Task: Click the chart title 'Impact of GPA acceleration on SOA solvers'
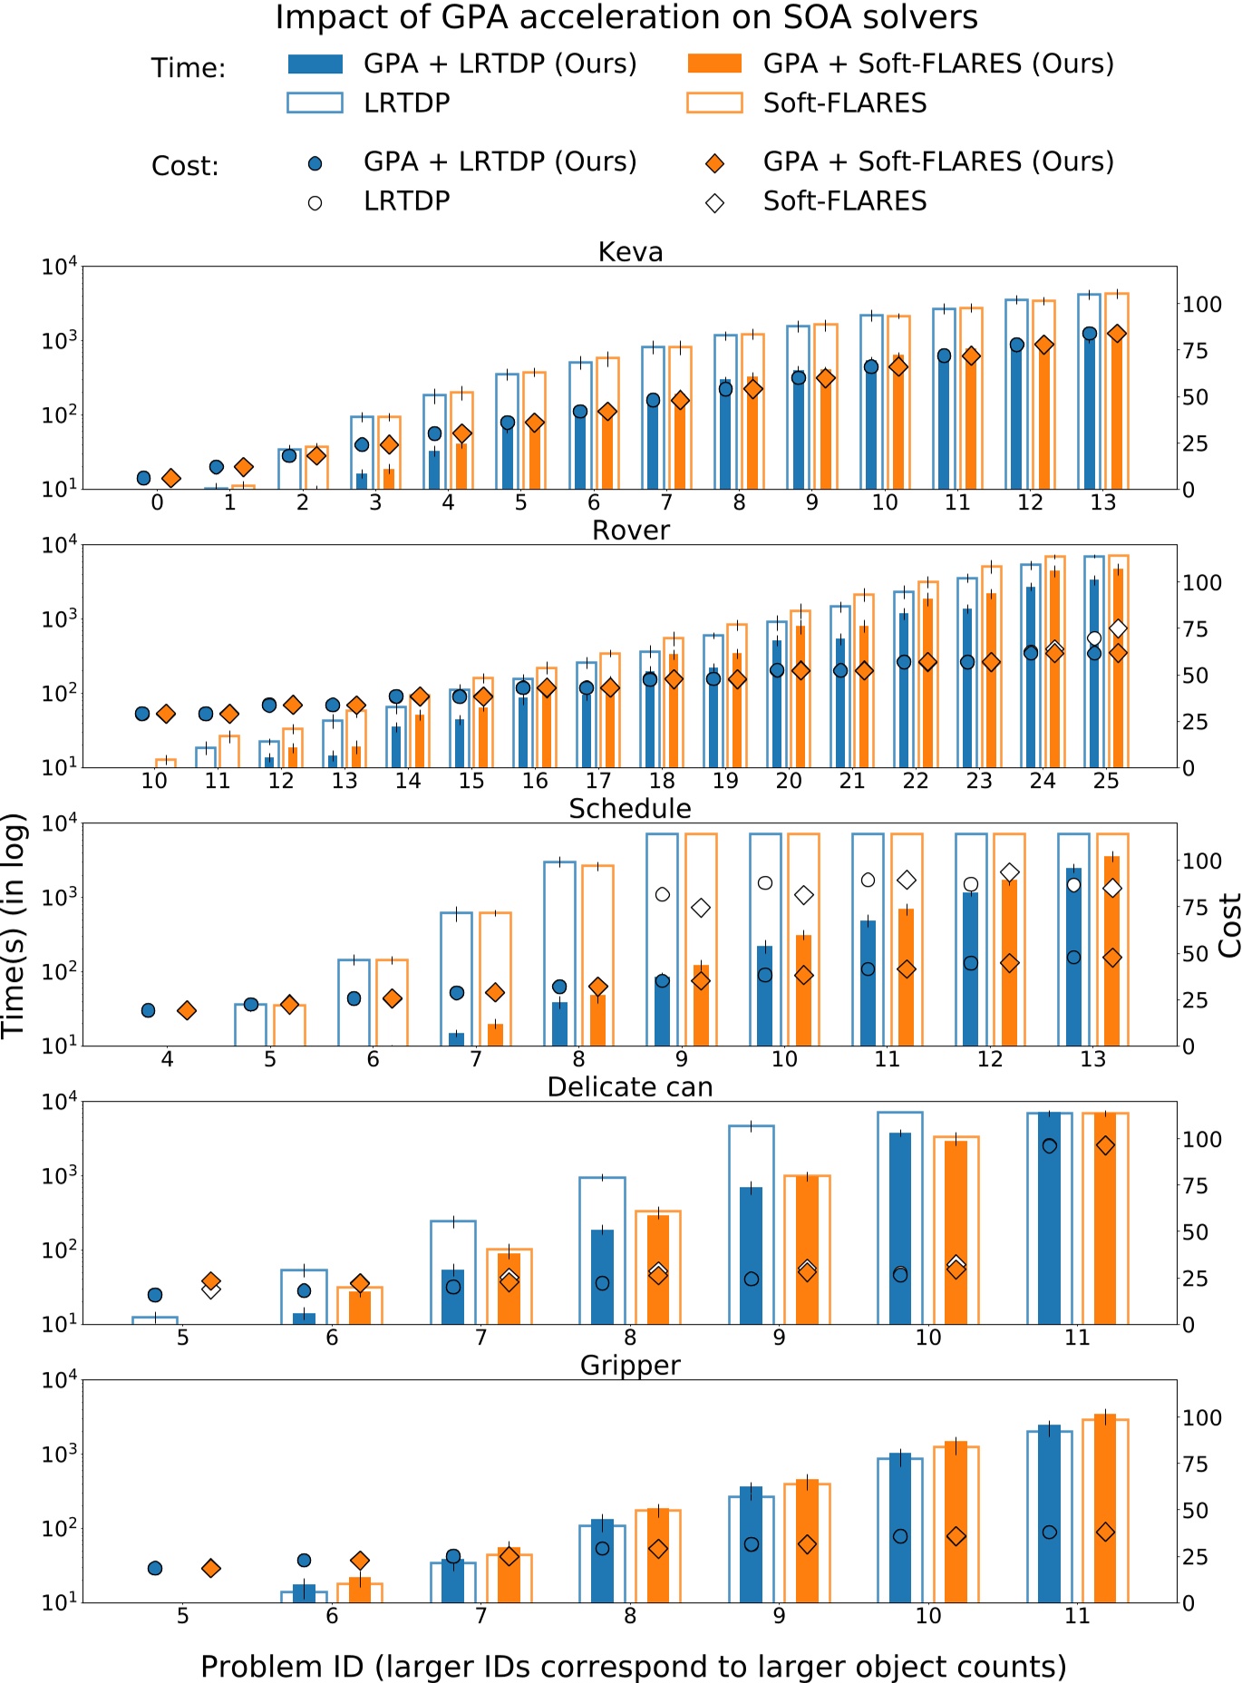point(626,17)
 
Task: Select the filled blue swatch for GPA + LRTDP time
point(315,63)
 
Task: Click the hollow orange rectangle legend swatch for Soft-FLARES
point(714,102)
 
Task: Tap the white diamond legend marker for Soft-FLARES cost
point(714,202)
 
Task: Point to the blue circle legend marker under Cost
point(315,163)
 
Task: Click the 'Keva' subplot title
point(630,251)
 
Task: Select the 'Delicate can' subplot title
point(630,1086)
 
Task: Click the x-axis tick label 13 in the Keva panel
point(1102,503)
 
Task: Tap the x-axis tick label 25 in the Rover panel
point(1105,781)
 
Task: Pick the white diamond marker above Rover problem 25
point(1118,628)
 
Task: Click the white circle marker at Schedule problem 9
point(663,894)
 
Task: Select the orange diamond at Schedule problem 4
point(187,1010)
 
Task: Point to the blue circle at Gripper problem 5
point(155,1568)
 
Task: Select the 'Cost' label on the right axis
point(1229,925)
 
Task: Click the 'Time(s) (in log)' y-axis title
point(14,925)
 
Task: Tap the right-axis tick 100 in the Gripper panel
point(1202,1417)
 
